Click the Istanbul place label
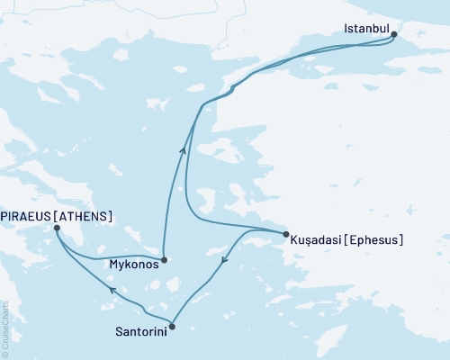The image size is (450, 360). pos(367,30)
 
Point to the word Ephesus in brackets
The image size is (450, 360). pos(373,240)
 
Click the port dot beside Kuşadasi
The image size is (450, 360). pos(286,236)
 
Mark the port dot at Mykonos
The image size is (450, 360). pos(163,260)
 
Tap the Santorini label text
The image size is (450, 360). pos(139,331)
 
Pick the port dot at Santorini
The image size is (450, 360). pos(172,326)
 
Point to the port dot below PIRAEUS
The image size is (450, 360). pos(57,229)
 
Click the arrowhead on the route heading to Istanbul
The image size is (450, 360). pos(184,150)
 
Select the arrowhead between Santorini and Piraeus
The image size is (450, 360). pos(112,290)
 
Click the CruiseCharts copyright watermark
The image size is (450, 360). pos(4,328)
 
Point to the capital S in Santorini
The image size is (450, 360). pos(119,331)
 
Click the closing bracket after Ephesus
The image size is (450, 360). pos(400,240)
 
